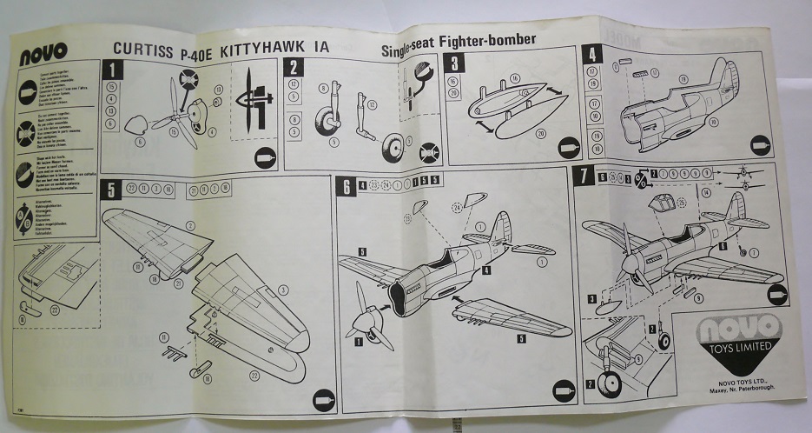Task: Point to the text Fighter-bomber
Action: point(490,41)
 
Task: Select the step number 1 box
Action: point(111,69)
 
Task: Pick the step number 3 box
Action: point(453,62)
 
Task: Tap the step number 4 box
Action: point(593,55)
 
